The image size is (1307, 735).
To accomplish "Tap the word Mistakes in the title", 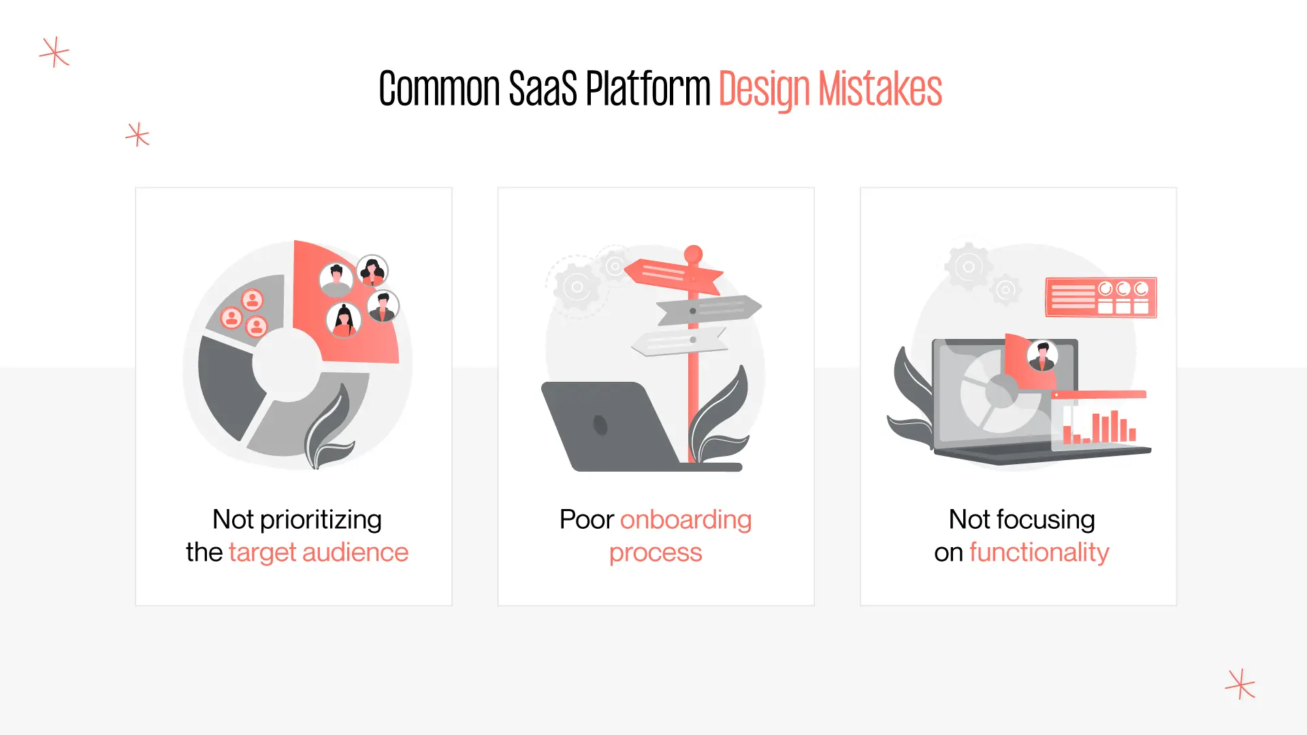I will point(880,89).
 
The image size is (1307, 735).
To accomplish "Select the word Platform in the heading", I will point(647,89).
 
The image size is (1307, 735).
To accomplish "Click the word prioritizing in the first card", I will point(321,520).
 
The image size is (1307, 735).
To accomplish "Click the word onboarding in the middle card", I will point(685,520).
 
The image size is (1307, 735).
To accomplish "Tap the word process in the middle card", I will point(656,553).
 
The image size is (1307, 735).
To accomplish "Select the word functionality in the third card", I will point(1039,553).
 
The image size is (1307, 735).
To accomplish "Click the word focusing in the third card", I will point(1046,520).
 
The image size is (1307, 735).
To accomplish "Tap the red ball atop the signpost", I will point(693,254).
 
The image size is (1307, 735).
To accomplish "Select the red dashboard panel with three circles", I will point(1101,297).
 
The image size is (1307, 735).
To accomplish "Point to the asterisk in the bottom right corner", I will point(1240,684).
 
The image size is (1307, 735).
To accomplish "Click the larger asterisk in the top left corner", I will point(54,52).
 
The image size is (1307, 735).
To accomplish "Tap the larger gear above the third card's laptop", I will point(968,266).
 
